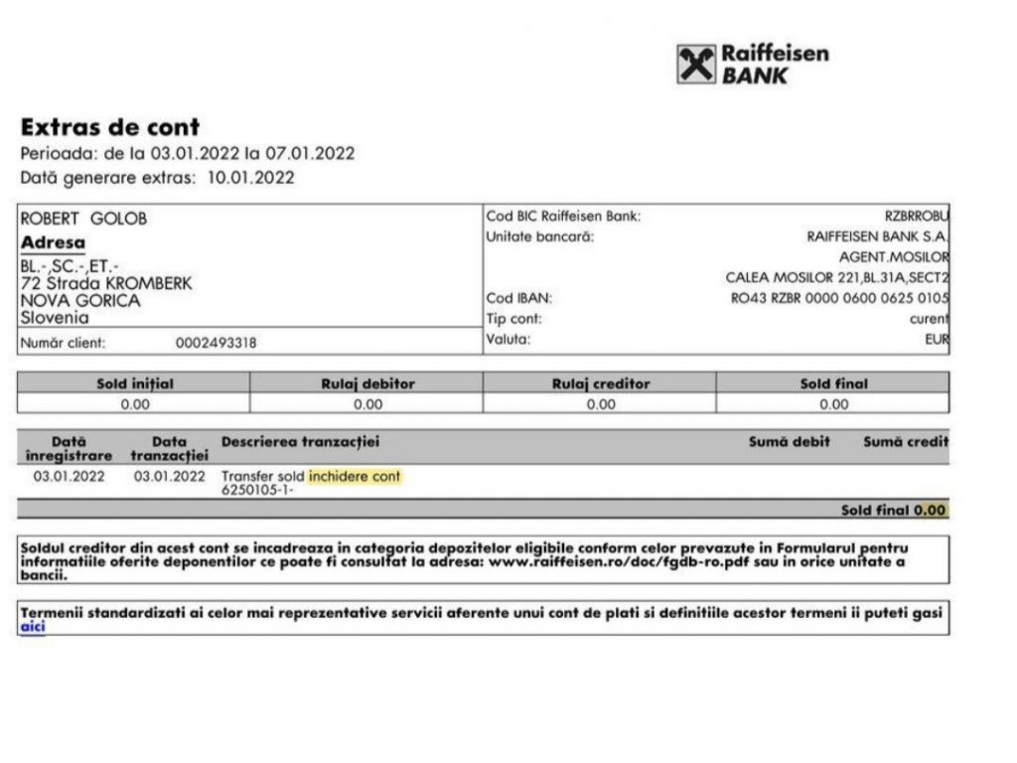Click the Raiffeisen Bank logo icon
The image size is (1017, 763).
coord(696,65)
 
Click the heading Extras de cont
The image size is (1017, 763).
coord(110,127)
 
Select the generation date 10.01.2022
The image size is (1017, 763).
coord(250,178)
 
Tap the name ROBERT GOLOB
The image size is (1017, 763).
coord(83,219)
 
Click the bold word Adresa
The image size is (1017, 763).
coord(53,242)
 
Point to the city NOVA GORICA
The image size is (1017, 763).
coord(80,301)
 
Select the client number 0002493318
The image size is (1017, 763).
coord(216,343)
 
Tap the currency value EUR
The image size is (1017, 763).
coord(937,340)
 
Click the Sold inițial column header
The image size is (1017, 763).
coord(134,383)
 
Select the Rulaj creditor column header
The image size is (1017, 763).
coord(600,383)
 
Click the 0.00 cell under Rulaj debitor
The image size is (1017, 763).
coord(367,404)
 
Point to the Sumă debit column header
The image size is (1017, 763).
coord(789,441)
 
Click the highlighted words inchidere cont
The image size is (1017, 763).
coord(355,477)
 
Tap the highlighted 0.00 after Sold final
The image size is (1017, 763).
coord(930,510)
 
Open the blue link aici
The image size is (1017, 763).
coord(33,627)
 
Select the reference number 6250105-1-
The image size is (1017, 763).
coord(257,490)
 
